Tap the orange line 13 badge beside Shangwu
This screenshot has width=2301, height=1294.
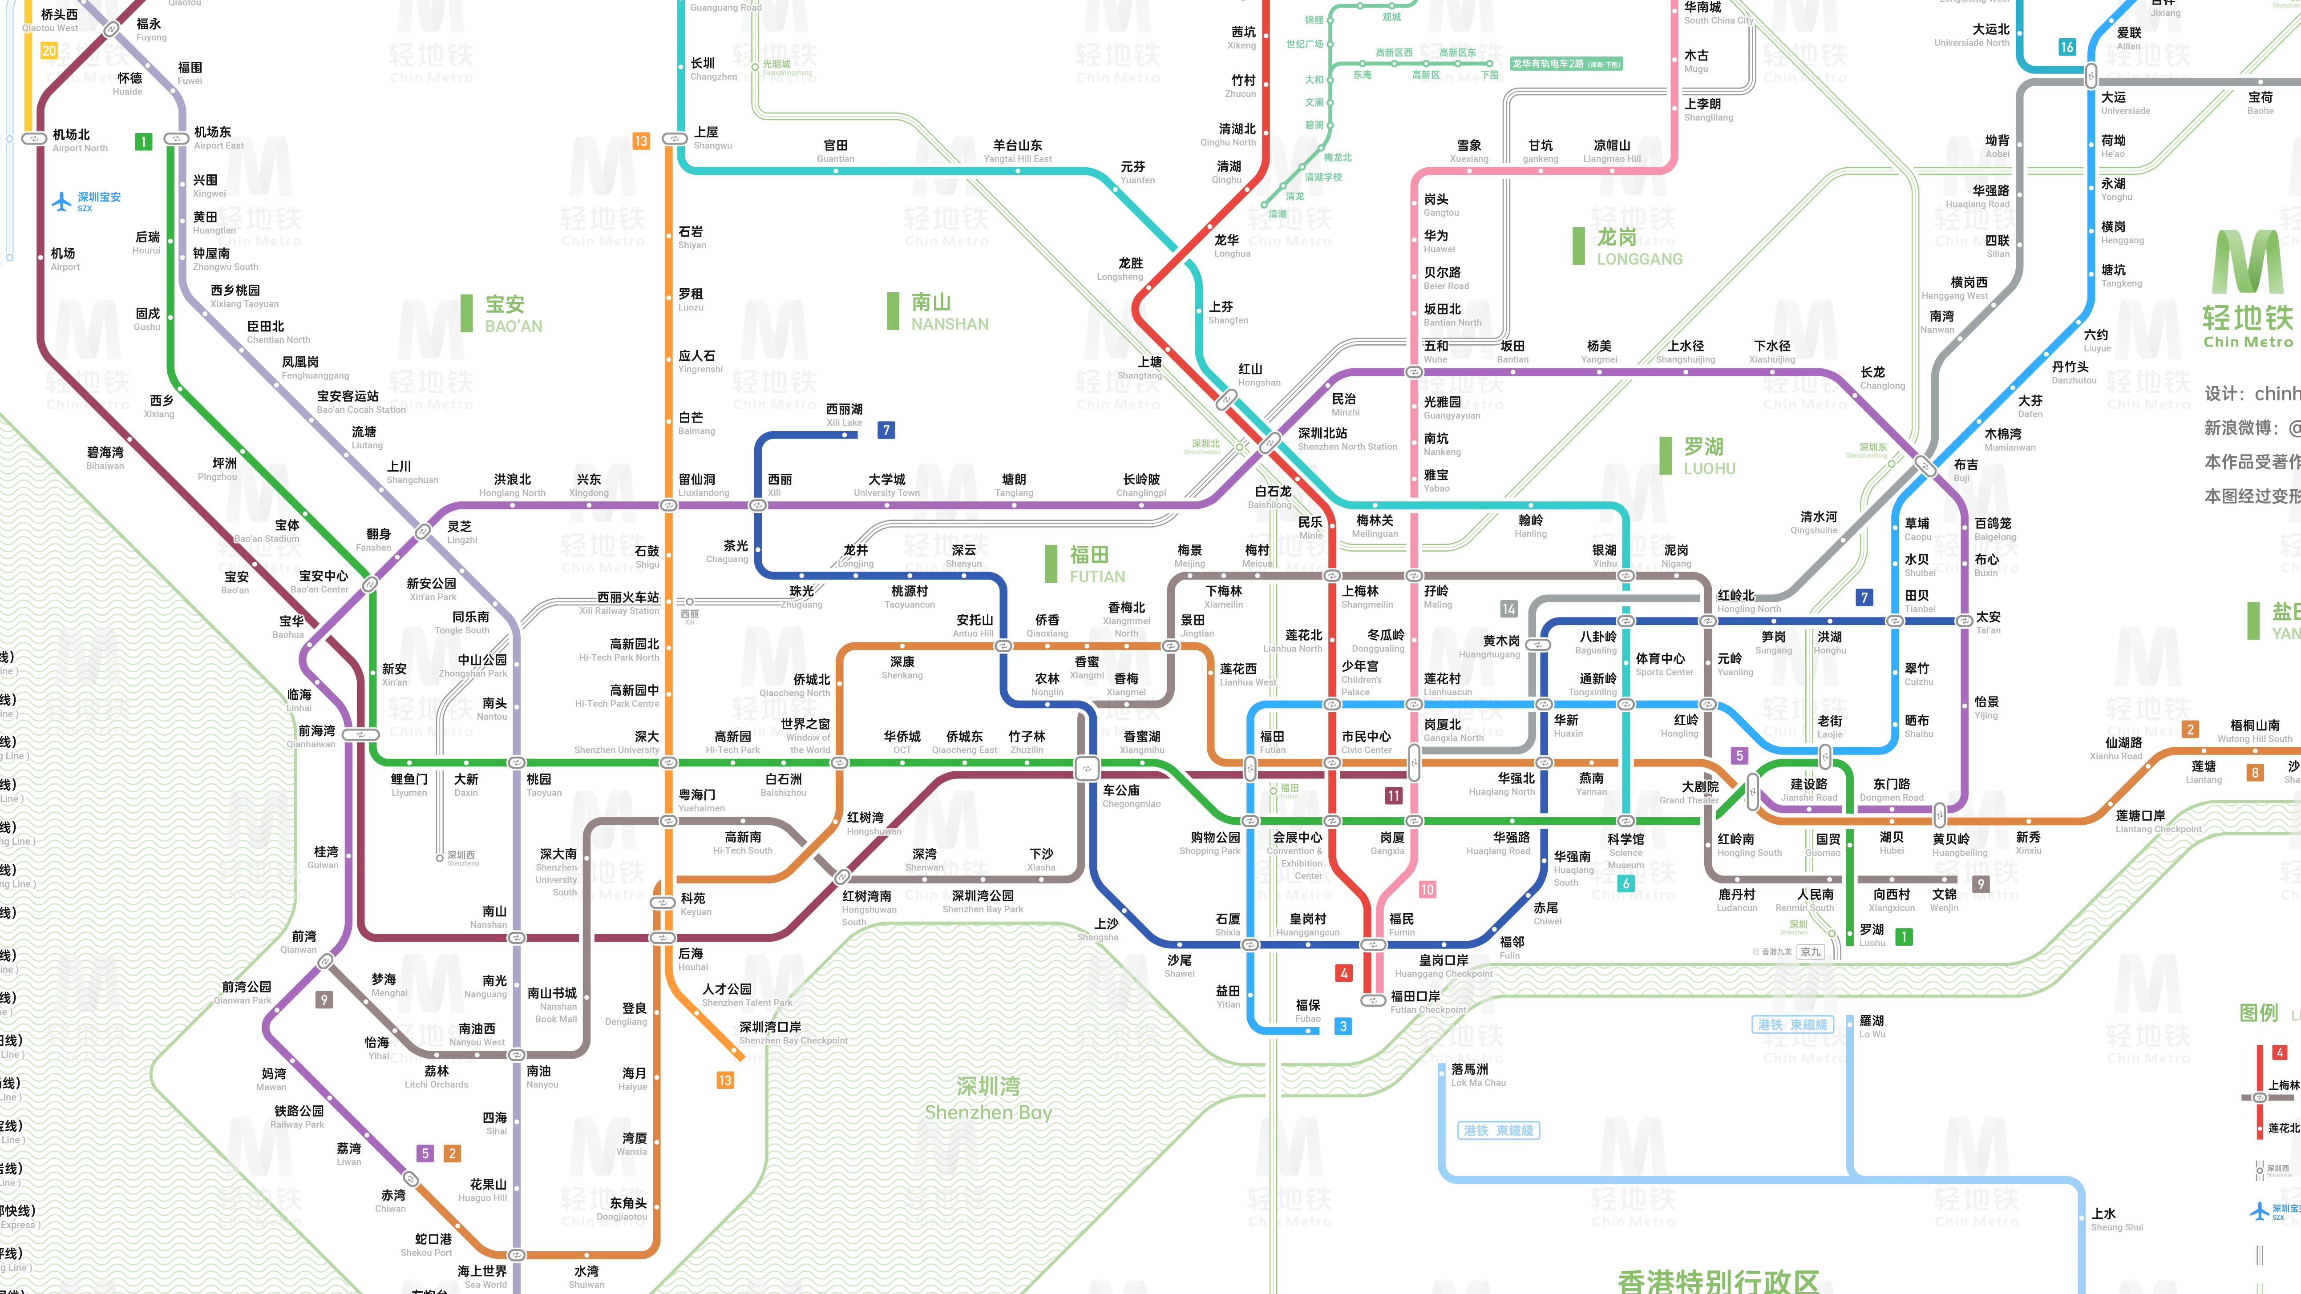[x=640, y=141]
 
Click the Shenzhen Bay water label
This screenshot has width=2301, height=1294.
[x=988, y=1098]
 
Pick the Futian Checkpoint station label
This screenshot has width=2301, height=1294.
[x=1427, y=1002]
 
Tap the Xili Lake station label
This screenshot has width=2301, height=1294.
[x=844, y=415]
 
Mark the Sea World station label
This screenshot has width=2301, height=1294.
[x=483, y=1277]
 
